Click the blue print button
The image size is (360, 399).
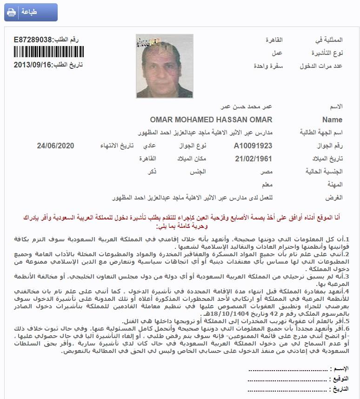tap(31, 12)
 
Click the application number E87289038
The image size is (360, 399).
tap(33, 40)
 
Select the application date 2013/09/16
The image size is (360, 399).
tap(32, 64)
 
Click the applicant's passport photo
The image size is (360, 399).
tap(164, 66)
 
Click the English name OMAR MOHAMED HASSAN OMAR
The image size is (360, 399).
tap(211, 120)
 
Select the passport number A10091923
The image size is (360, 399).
tap(253, 146)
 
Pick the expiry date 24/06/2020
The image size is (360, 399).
tap(56, 146)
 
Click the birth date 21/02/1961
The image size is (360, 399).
tap(253, 159)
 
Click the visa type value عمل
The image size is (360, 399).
tap(277, 53)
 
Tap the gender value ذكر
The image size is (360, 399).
tap(152, 172)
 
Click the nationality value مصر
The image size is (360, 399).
tap(266, 172)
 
